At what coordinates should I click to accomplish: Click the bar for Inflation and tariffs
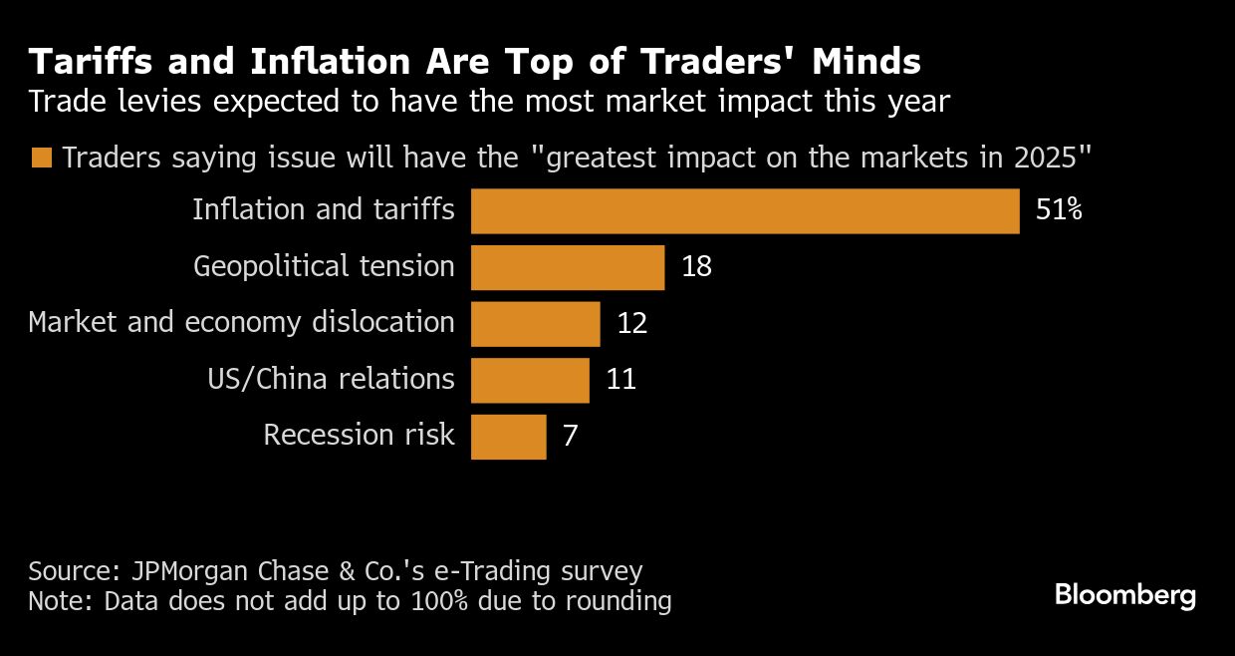pos(745,211)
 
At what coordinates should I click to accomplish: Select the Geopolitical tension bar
pos(567,267)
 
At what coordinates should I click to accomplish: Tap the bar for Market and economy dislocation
pos(535,324)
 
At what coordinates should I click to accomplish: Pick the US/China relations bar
pos(529,380)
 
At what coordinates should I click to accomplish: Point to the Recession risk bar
pos(508,437)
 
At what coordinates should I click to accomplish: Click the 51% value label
pos(1058,211)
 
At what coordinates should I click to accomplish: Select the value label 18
pos(696,267)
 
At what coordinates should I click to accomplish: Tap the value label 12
pos(631,324)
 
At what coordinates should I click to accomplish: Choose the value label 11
pos(620,380)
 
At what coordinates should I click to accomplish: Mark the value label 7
pos(570,437)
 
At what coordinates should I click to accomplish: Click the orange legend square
pos(41,159)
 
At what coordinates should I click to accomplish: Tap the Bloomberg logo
pos(1124,596)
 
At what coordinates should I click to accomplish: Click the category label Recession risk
pos(359,436)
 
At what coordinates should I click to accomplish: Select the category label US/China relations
pos(331,380)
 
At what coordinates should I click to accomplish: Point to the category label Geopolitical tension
pos(324,267)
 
